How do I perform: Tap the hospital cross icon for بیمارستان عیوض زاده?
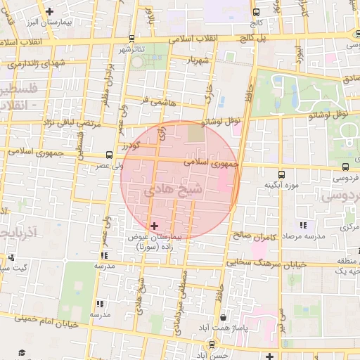[155, 226]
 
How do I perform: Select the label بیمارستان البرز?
[50, 22]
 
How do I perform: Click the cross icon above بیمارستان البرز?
[49, 11]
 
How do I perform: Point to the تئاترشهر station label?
[131, 49]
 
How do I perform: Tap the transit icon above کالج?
[256, 11]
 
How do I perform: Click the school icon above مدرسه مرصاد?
[303, 225]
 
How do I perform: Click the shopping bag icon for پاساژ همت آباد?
[223, 317]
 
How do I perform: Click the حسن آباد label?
[212, 356]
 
